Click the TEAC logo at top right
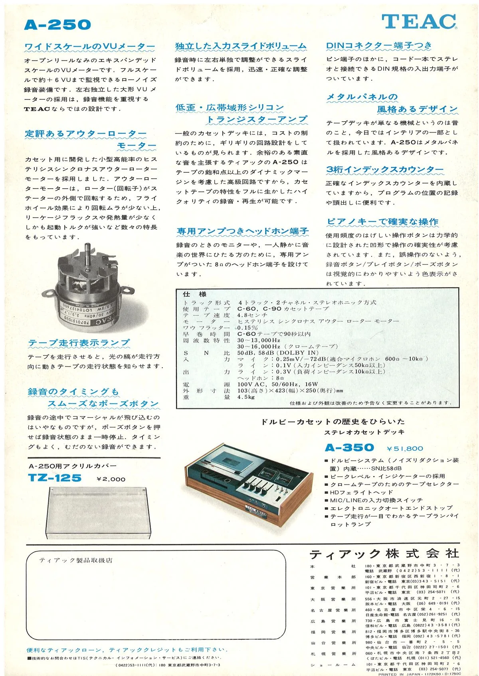coord(419,22)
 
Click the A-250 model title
coord(57,25)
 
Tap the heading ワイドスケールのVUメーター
coord(89,47)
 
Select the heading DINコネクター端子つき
coord(379,45)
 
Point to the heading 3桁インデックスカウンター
coord(384,169)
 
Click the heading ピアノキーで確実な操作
coord(382,222)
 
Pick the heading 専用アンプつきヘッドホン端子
coord(242,231)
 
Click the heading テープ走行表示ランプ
coord(79,343)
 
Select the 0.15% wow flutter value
coord(247,327)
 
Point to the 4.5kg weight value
coord(246,397)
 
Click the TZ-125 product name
coord(55,478)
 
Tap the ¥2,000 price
coord(111,479)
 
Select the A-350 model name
coord(349,447)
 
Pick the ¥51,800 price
coord(405,449)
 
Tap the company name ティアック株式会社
coord(384,554)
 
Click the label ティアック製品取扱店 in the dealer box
coord(76,560)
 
